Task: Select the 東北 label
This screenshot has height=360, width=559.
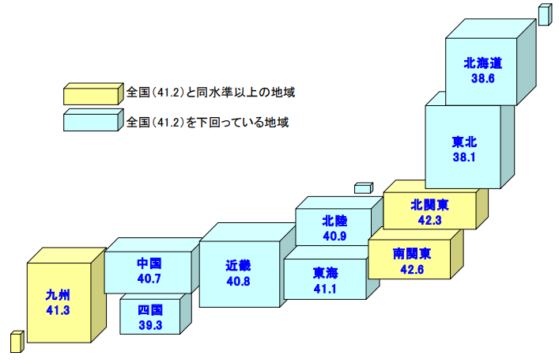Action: tap(464, 142)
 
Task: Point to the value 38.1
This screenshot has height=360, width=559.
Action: tap(464, 157)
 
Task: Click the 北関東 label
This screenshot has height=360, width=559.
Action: tap(429, 204)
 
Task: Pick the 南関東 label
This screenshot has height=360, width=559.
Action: tap(412, 254)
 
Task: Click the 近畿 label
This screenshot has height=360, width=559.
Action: tap(238, 266)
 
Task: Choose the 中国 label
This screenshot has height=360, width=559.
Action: tap(149, 263)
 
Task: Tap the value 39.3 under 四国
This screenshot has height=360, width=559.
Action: tap(149, 324)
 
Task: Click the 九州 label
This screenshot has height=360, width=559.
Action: tap(59, 296)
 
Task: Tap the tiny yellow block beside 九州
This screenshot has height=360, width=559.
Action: tap(16, 341)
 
